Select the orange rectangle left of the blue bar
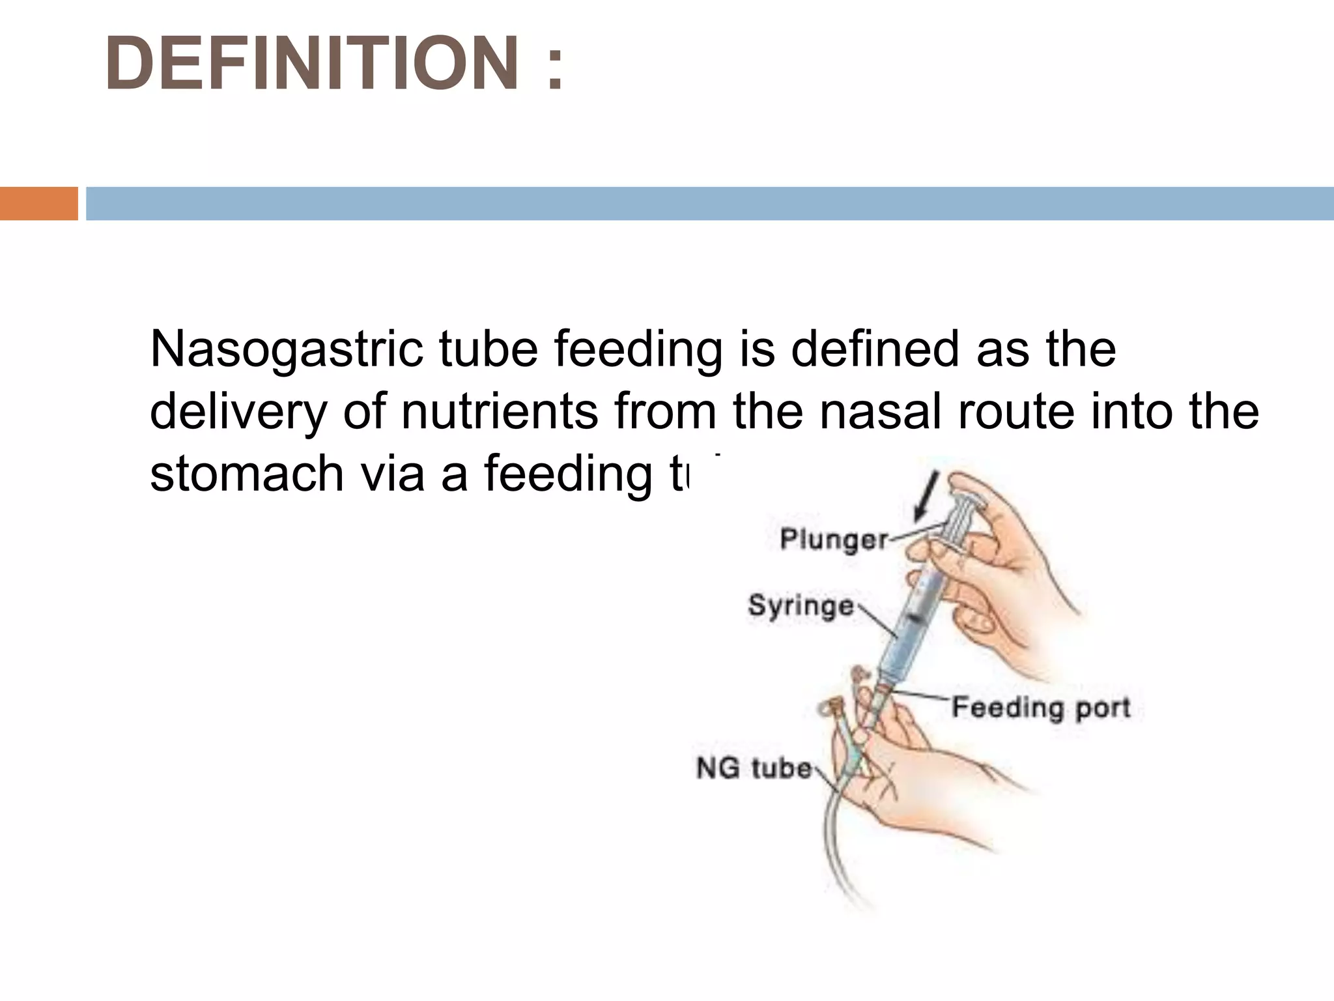38,203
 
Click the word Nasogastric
287,350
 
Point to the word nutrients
499,412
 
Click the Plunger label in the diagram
834,540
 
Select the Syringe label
801,605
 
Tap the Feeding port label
1040,707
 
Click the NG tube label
754,768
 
